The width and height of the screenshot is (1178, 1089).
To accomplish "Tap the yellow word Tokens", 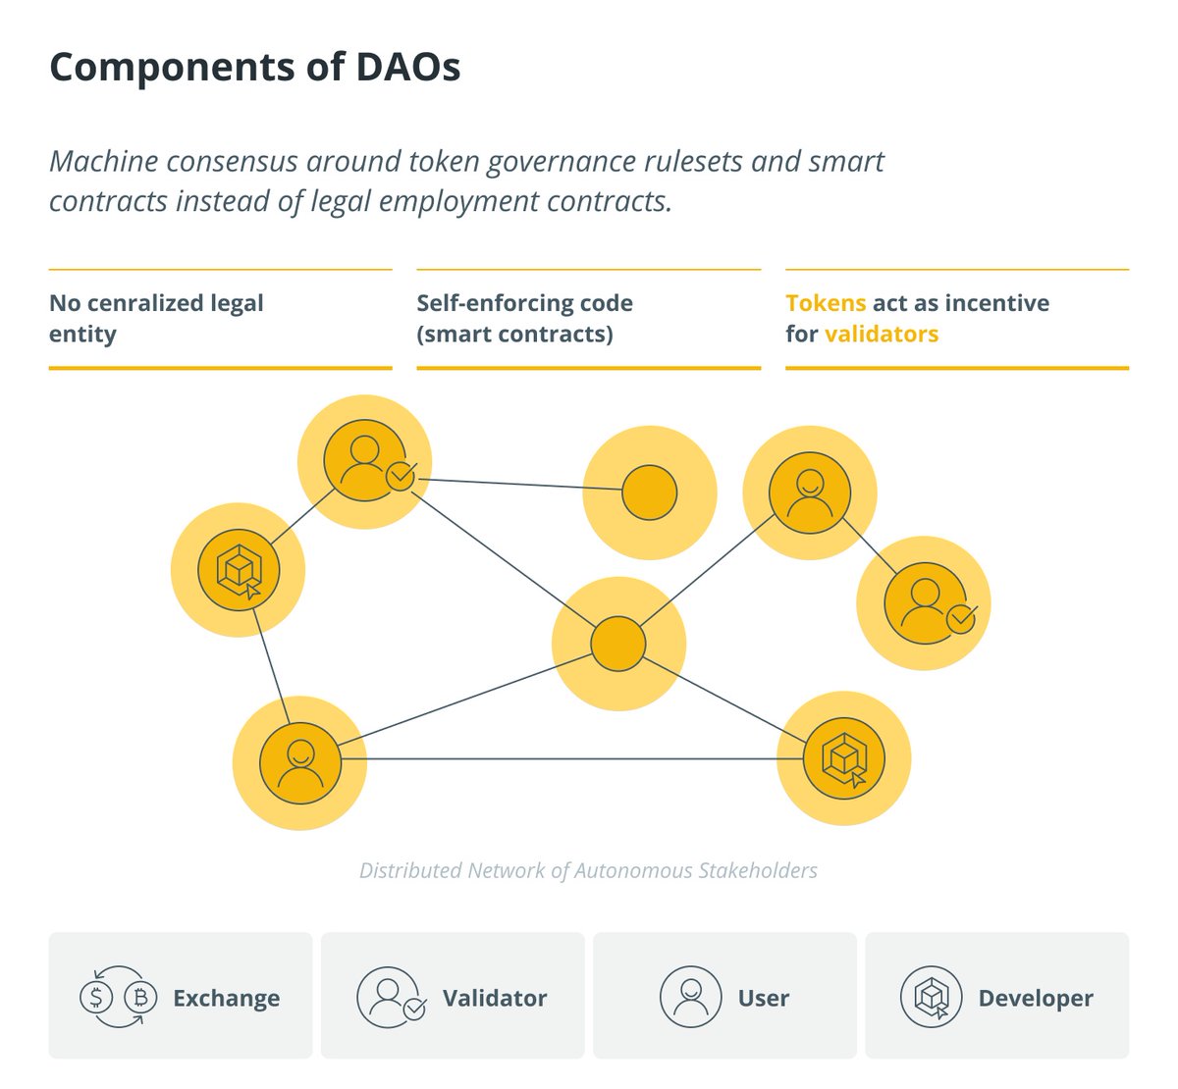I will coord(826,303).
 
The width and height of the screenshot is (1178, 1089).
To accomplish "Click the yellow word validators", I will coord(882,334).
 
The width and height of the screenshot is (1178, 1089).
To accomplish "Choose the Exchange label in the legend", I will coord(226,998).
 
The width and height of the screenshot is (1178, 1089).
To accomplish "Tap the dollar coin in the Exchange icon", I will coord(96,998).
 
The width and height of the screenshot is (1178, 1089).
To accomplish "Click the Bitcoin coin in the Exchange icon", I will coord(140,998).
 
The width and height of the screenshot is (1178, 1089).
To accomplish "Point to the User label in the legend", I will coord(763,998).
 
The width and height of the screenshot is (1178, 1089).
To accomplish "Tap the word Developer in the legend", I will coord(1035,998).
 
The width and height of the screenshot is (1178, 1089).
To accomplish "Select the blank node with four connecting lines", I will coord(618,644).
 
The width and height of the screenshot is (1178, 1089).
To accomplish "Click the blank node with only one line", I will coord(650,493).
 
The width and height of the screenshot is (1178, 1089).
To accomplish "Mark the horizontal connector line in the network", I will coord(569,758).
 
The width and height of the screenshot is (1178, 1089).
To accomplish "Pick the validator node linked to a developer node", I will coord(364,461).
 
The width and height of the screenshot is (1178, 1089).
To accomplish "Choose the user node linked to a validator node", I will coord(809,493).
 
